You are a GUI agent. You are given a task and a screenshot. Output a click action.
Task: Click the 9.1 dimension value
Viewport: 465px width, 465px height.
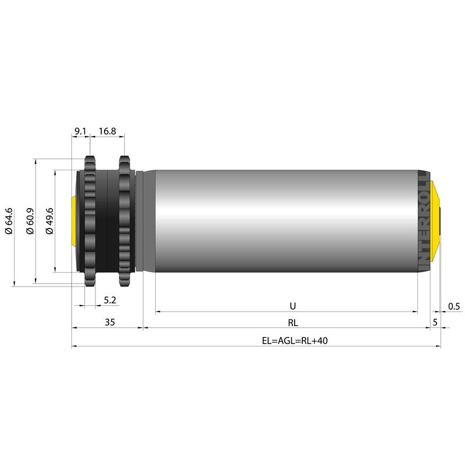(x=80, y=131)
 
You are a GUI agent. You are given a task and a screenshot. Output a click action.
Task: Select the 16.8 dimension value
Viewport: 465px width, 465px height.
(x=108, y=131)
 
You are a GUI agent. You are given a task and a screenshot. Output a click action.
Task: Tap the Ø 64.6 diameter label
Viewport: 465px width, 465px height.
(x=9, y=221)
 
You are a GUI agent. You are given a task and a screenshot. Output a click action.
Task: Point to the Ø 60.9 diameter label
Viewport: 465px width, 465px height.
(x=30, y=221)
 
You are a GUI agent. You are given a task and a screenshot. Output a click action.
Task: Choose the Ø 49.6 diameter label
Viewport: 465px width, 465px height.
(x=49, y=221)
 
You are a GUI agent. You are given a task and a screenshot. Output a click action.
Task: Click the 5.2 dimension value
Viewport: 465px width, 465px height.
(x=110, y=300)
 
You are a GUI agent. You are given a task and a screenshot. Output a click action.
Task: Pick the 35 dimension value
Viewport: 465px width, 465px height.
(x=110, y=322)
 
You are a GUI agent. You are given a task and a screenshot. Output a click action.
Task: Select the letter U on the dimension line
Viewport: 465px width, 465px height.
(x=293, y=306)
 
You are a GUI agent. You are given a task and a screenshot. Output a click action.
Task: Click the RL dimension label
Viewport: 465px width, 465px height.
(x=293, y=323)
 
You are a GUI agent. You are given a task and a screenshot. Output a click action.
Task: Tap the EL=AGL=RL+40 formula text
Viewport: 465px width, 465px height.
(x=295, y=341)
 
